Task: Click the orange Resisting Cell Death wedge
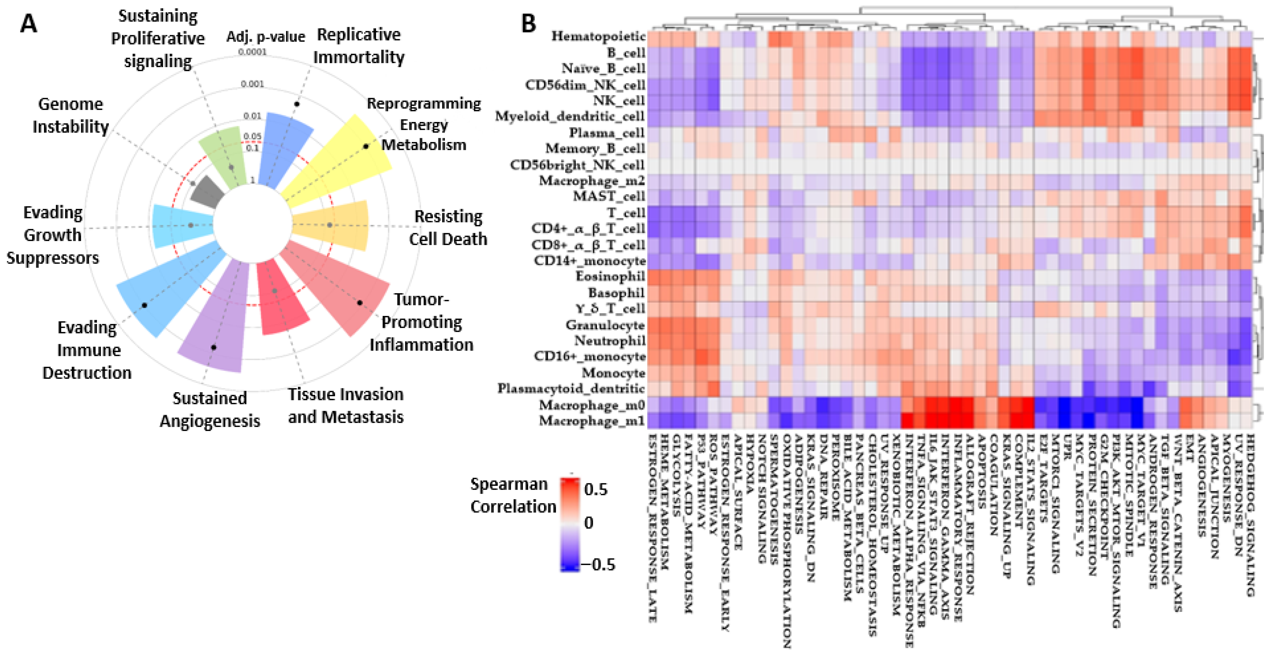click(336, 225)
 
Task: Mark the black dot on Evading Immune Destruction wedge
click(144, 305)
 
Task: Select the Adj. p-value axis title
click(265, 37)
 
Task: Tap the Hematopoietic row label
click(598, 36)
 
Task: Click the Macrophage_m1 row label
click(592, 421)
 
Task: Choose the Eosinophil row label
click(610, 276)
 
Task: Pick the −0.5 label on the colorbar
click(598, 565)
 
